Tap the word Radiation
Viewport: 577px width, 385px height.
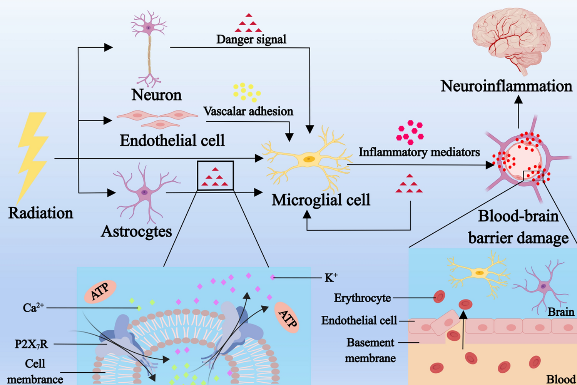coord(41,213)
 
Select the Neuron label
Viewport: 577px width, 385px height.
coord(156,95)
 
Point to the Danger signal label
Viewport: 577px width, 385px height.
coord(251,39)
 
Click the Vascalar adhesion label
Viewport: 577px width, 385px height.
coord(248,111)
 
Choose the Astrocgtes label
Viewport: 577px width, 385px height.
coord(136,231)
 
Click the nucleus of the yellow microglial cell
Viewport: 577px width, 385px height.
coord(309,159)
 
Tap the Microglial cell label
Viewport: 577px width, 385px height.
coord(321,200)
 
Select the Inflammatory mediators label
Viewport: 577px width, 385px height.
coord(419,152)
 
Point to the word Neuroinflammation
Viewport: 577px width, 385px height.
coord(506,86)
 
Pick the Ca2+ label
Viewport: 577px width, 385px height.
coord(33,308)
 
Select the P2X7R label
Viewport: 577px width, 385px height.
coord(32,344)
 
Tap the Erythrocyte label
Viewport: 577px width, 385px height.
coord(362,298)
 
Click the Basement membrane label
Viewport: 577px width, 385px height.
coord(370,350)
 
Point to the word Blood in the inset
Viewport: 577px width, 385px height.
coord(561,379)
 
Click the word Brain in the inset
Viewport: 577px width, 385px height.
coord(561,312)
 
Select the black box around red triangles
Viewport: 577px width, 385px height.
coord(215,176)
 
